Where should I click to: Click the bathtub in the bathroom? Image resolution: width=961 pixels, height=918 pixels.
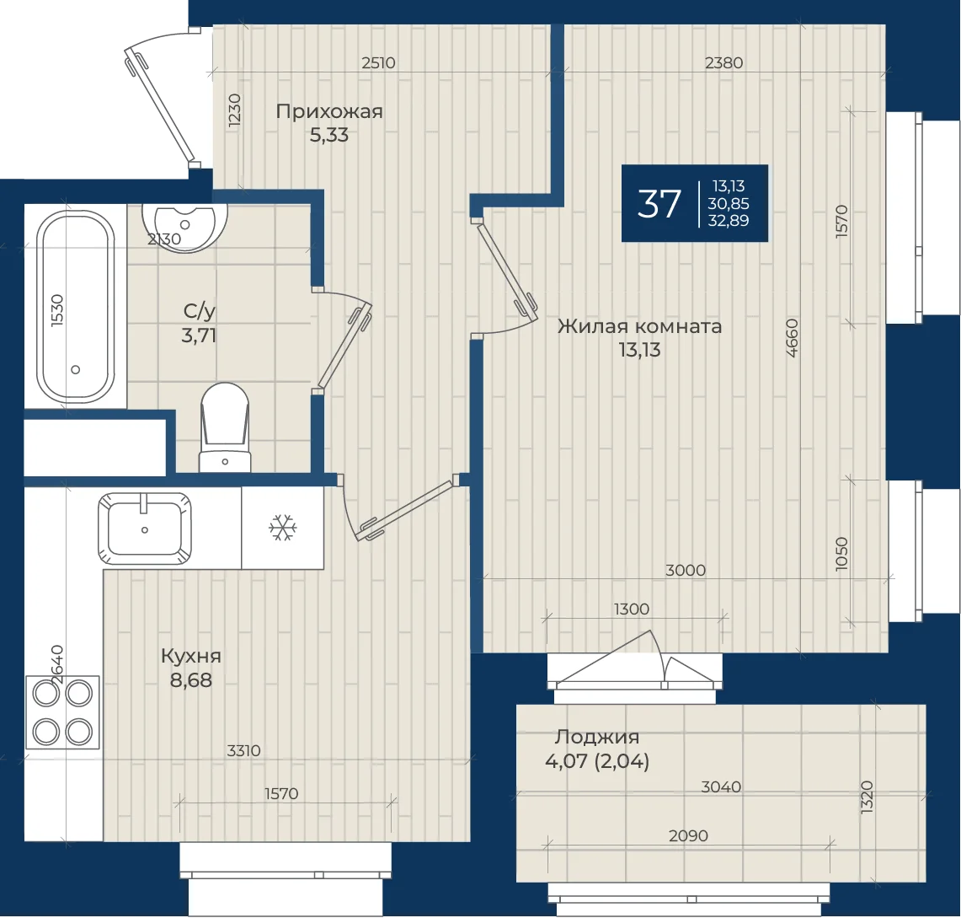76,307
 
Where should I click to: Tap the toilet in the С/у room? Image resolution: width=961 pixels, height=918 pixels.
225,427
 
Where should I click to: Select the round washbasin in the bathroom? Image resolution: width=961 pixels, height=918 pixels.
184,224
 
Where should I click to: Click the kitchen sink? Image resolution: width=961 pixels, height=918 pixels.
145,529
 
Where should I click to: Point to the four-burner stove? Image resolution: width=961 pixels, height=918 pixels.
62,712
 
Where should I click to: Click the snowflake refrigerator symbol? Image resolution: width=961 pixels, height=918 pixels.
282,528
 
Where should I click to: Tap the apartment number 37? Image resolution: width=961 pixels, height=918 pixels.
659,204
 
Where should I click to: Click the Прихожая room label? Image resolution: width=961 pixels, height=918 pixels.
329,111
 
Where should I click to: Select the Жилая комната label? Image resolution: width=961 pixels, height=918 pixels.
640,326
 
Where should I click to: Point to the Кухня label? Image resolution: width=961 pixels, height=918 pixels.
190,656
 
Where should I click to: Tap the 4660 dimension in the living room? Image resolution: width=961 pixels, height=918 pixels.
792,338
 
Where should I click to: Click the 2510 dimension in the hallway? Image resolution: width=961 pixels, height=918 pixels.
378,62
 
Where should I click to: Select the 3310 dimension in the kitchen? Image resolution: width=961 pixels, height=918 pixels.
243,750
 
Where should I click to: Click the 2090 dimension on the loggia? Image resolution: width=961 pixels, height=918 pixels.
688,836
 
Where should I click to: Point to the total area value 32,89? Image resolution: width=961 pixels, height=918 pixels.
728,220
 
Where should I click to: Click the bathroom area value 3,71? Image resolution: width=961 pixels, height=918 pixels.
199,336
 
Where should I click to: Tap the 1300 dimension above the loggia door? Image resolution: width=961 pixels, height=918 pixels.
632,609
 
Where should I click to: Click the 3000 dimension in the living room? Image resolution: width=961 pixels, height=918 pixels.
686,571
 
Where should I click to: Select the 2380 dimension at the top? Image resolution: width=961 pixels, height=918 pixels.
723,62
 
